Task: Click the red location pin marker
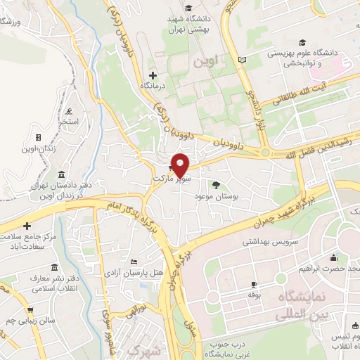(x=181, y=165)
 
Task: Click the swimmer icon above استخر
(x=68, y=112)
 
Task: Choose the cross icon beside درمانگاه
(x=153, y=75)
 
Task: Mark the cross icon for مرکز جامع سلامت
(x=27, y=226)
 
